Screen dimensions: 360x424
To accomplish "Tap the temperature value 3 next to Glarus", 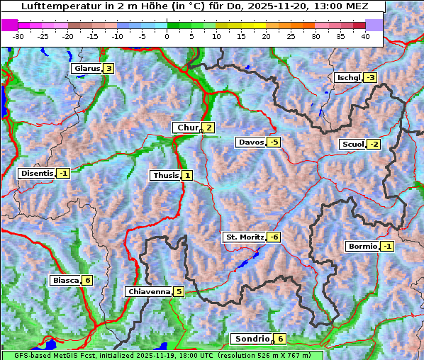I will [108, 69].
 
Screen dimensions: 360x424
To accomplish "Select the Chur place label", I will [188, 128].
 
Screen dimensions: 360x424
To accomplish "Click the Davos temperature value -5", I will [274, 142].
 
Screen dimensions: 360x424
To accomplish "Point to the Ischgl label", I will [348, 78].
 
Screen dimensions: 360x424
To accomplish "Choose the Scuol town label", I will [352, 145].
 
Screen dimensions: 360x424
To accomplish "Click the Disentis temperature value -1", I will [63, 173].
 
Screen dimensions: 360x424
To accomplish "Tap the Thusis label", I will [165, 175].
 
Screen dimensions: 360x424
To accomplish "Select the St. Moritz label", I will [244, 237].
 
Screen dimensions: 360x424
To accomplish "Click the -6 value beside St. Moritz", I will [274, 237].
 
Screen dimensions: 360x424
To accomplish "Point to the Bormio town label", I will [362, 247].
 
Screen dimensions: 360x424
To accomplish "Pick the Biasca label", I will [66, 280].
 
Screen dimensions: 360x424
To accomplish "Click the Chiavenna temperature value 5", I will [179, 291].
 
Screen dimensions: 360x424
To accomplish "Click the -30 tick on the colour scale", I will [18, 35].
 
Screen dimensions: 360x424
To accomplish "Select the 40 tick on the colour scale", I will [365, 35].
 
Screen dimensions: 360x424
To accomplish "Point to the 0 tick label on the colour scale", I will [167, 35].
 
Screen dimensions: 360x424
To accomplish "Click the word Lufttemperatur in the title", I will [55, 6].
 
